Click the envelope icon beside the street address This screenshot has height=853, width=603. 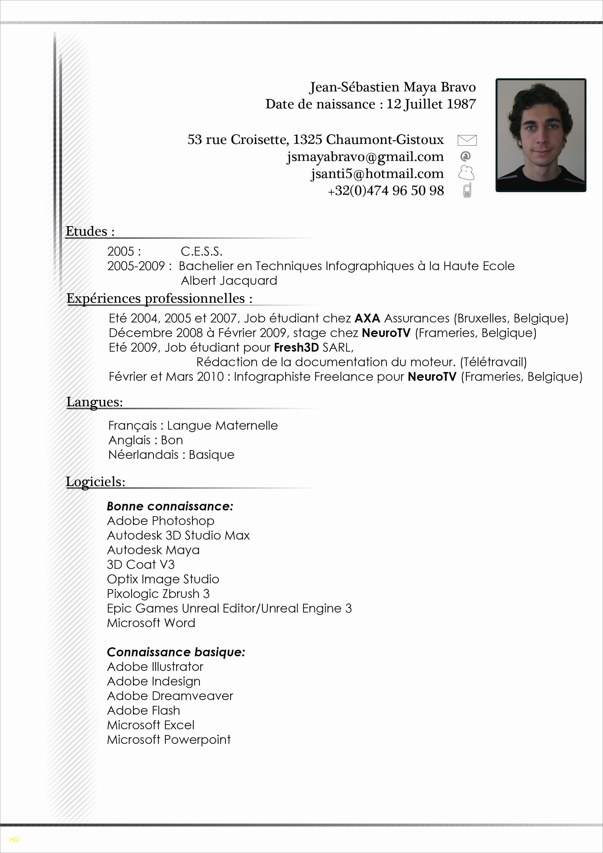(467, 140)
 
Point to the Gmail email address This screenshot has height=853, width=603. (365, 157)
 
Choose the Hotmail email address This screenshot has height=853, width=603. (377, 174)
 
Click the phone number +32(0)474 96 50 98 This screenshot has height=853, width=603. (386, 191)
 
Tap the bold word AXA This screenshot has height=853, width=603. (367, 318)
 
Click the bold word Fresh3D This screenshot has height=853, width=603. (296, 347)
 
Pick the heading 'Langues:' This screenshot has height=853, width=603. (94, 402)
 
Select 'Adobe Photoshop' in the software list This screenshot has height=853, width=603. (160, 521)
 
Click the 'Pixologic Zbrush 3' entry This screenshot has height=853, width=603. (158, 594)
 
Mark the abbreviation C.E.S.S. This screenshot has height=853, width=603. (201, 251)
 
